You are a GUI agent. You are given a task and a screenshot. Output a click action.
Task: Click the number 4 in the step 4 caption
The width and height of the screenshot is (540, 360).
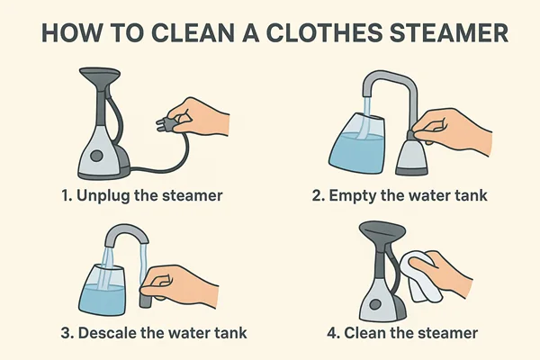click(333, 333)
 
